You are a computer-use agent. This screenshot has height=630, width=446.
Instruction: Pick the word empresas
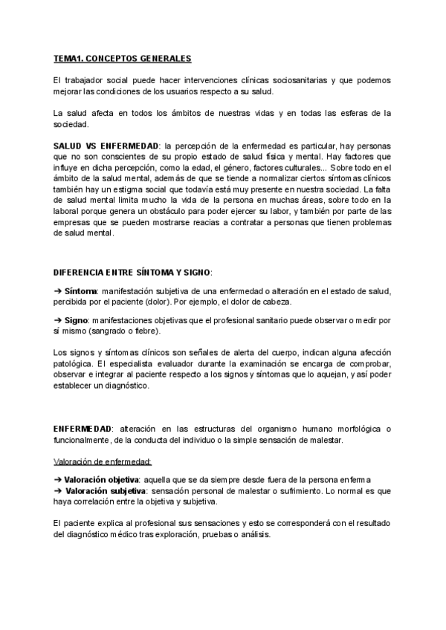tap(75, 222)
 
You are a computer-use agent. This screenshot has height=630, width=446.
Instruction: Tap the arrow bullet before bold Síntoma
tap(57, 290)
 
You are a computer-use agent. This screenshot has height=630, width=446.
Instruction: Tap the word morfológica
tap(346, 429)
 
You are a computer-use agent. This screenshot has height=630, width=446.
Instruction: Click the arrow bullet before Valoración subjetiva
tap(57, 491)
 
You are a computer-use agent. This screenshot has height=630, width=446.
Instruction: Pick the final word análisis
tap(254, 535)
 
